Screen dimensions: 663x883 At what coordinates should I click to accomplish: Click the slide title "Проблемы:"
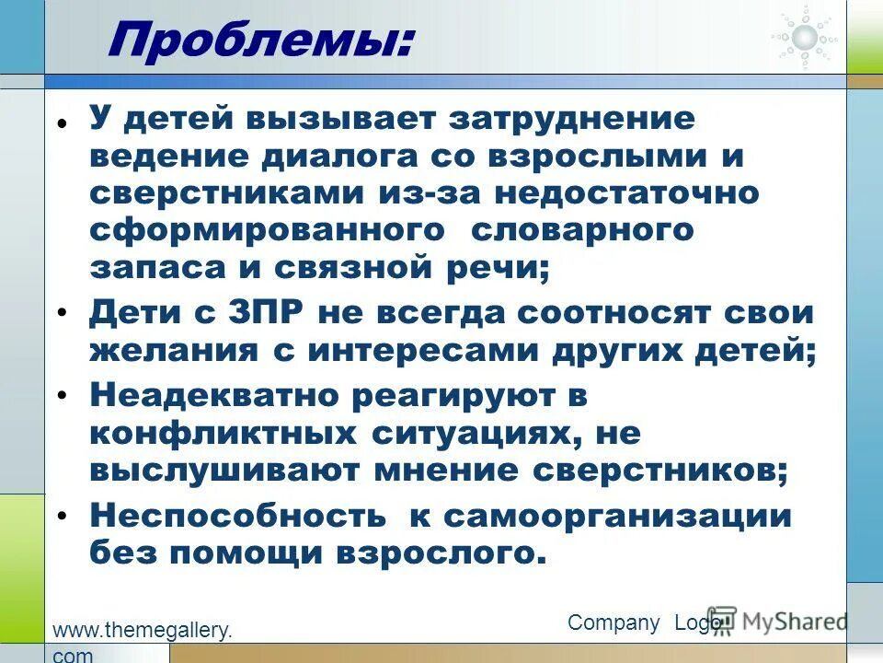click(x=260, y=41)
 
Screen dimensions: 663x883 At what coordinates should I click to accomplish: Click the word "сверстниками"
click(x=247, y=193)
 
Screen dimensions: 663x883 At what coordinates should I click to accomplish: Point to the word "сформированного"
click(x=267, y=230)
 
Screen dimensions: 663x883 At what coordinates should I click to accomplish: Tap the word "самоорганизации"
click(x=617, y=516)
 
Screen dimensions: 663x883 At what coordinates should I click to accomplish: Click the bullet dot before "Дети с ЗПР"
click(x=62, y=314)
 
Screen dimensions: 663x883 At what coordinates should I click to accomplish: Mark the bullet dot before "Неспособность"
click(x=62, y=518)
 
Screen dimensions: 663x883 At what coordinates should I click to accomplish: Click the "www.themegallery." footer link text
click(x=143, y=631)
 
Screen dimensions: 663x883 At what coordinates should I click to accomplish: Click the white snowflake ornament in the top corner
click(x=805, y=37)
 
